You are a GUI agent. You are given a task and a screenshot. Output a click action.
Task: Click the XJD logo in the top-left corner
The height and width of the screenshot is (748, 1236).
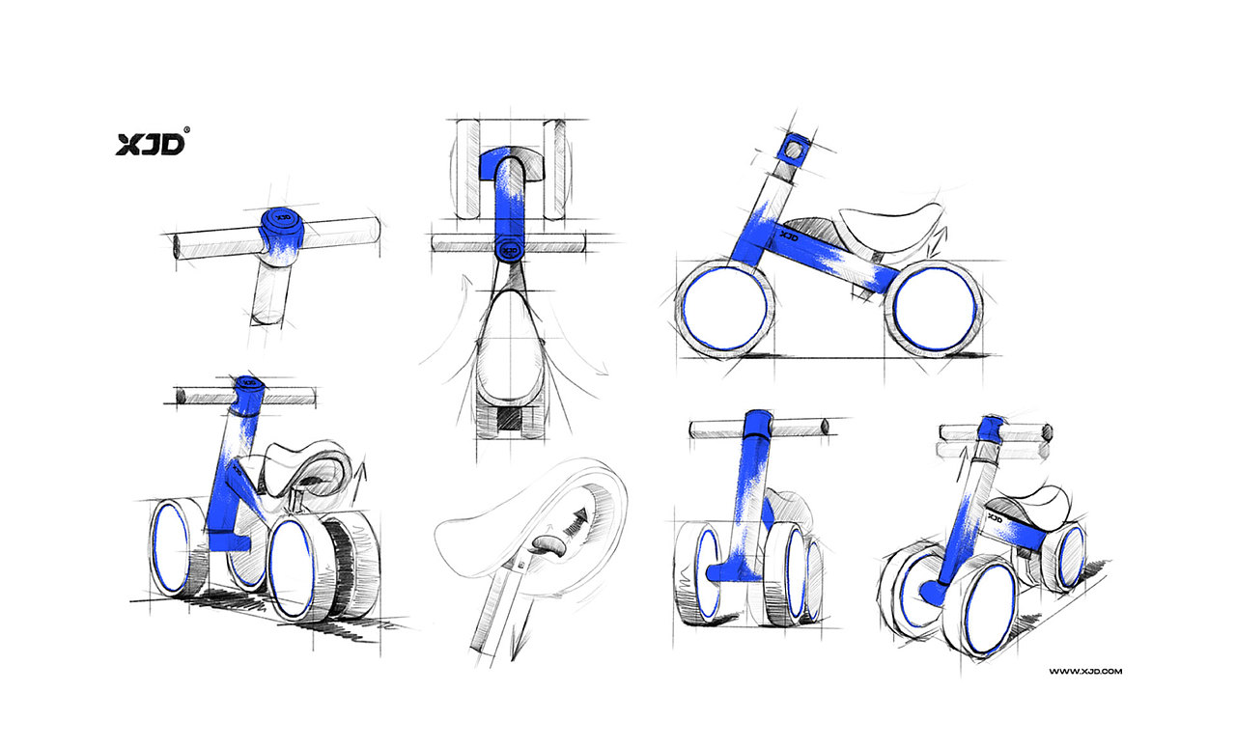coord(150,143)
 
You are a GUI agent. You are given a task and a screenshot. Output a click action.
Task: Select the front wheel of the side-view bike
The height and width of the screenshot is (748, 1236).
coord(724,308)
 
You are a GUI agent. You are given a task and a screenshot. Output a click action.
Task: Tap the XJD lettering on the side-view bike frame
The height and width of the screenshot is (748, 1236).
coord(788,235)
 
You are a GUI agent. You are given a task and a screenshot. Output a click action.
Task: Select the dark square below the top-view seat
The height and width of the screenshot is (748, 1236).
coord(506,418)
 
